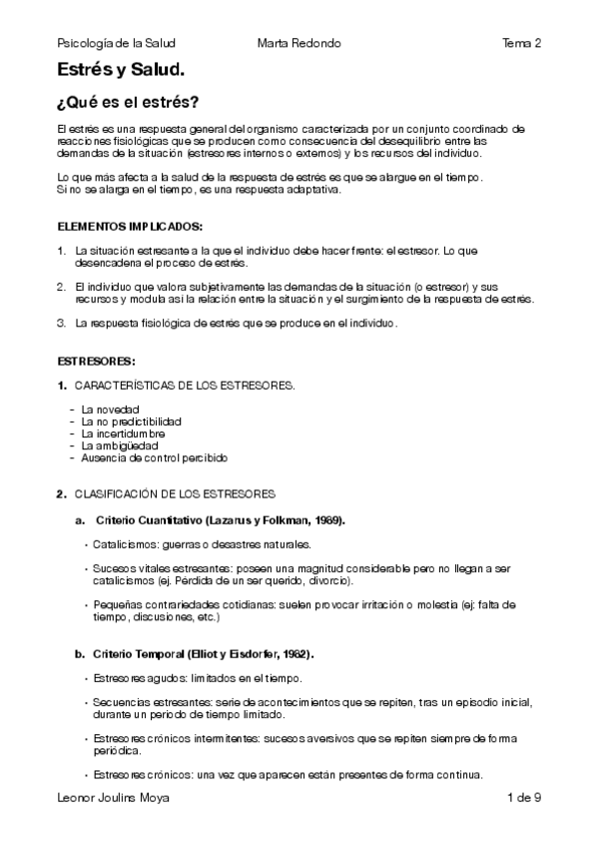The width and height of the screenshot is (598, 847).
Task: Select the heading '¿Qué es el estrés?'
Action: [128, 103]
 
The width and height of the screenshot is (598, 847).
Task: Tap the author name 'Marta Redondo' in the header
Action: [299, 44]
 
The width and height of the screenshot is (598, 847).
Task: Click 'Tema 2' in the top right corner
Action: [522, 44]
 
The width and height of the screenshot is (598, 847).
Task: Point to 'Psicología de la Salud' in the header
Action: [117, 44]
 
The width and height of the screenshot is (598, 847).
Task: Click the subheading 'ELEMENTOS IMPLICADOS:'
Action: [130, 226]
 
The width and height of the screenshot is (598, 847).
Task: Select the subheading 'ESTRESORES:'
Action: [97, 360]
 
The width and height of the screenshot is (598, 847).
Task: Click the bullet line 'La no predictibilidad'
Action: [132, 422]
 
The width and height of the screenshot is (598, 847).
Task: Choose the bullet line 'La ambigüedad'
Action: [118, 445]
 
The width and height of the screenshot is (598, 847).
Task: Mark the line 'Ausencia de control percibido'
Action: [155, 457]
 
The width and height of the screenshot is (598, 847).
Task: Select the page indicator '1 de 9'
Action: [524, 797]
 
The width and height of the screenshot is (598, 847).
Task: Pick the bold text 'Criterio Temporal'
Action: [137, 653]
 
